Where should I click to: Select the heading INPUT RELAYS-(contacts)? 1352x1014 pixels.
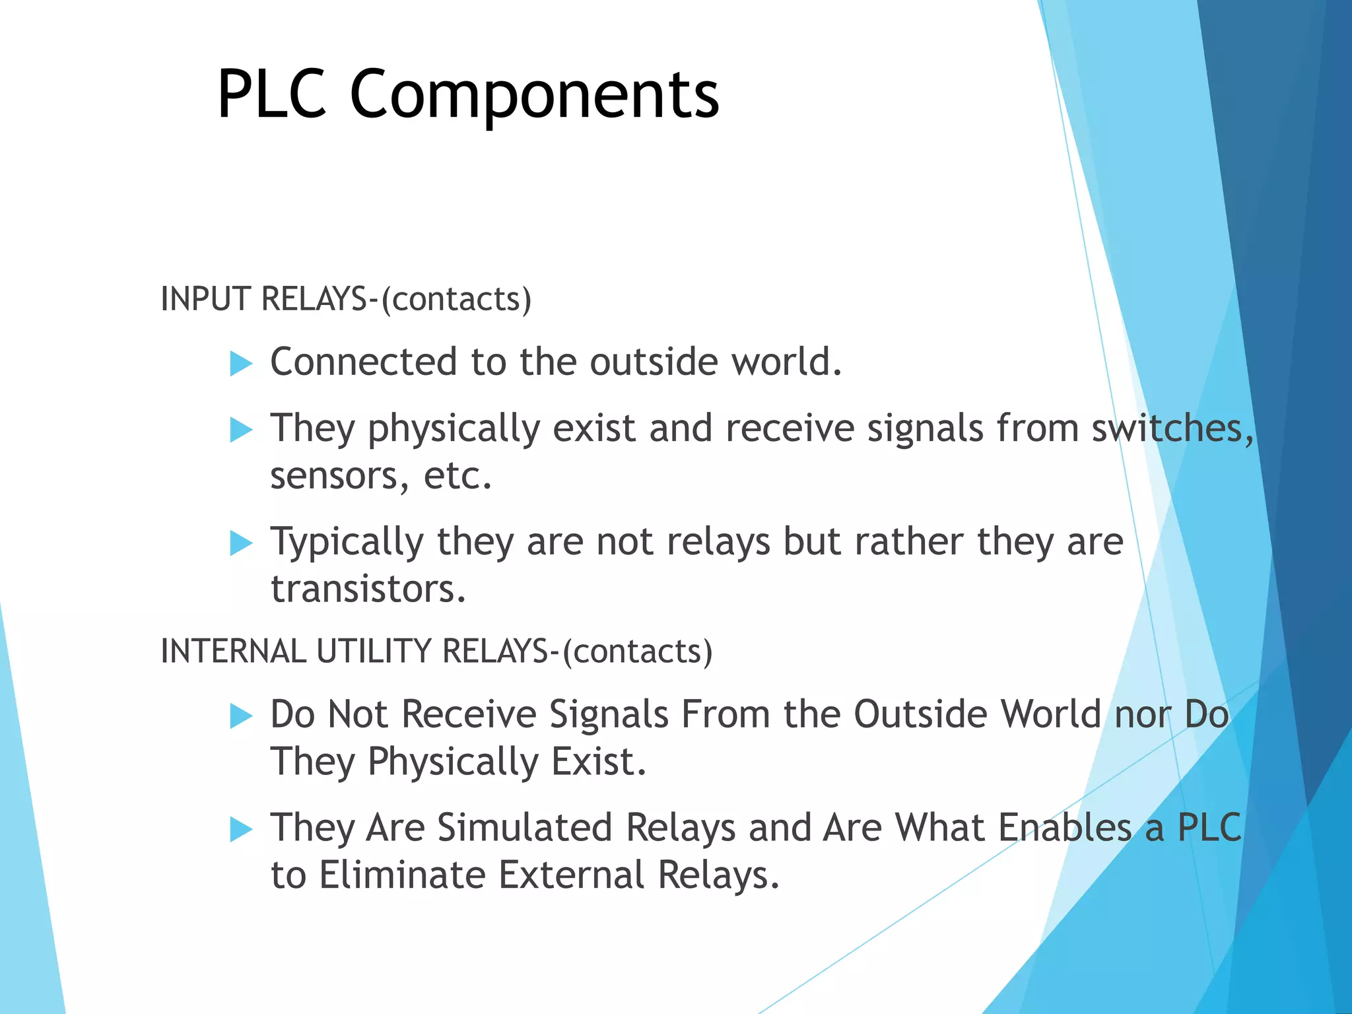tap(346, 299)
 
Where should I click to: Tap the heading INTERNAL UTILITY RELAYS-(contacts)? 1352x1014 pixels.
tap(436, 651)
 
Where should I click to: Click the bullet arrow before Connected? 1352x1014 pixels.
tap(241, 364)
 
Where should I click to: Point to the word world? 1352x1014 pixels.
tap(786, 362)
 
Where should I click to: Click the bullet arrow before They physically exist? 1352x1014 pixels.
tap(241, 430)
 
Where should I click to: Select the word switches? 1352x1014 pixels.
tap(1172, 428)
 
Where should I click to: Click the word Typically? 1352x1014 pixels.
tap(347, 543)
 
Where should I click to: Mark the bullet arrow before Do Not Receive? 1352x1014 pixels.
tap(241, 716)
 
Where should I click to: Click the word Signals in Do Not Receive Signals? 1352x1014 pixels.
tap(609, 715)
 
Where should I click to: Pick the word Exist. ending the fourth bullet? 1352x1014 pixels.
tap(598, 762)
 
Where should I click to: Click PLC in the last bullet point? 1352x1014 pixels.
tap(1209, 828)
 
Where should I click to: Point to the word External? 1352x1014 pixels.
tap(570, 875)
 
